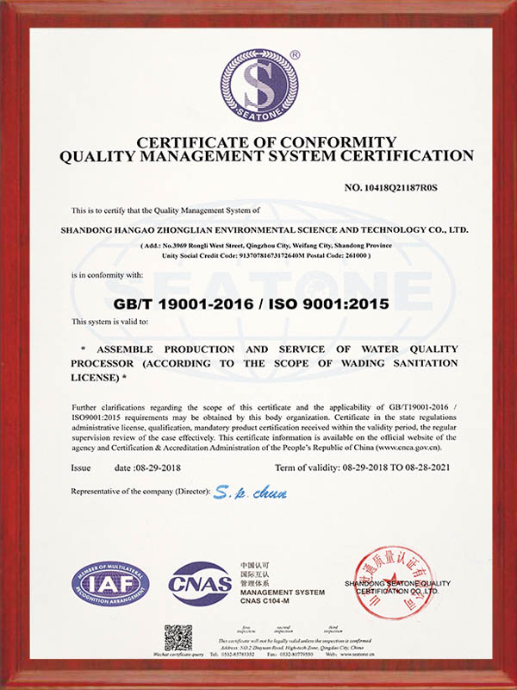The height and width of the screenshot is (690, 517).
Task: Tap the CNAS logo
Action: [201, 584]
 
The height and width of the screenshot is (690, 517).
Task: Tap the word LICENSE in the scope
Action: [97, 379]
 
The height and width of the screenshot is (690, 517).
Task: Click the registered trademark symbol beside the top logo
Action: [296, 54]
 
